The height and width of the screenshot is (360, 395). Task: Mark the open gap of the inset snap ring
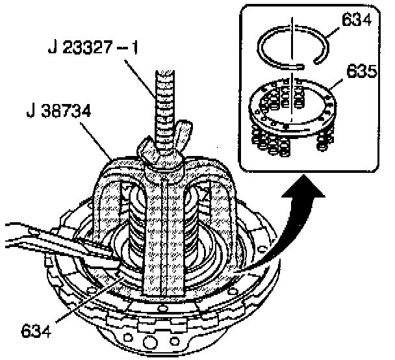click(306, 64)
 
